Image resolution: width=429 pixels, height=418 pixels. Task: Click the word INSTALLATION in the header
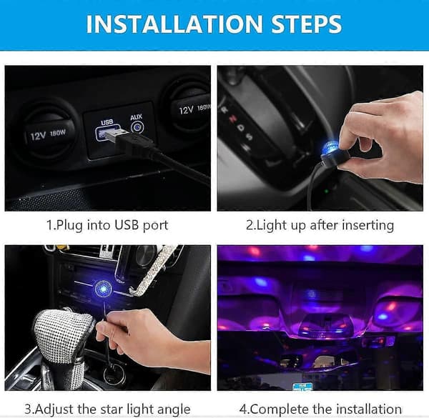click(174, 24)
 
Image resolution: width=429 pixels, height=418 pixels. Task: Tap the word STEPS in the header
click(307, 24)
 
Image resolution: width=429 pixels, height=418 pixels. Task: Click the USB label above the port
click(107, 122)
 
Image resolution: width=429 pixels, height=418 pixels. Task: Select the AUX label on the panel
click(137, 117)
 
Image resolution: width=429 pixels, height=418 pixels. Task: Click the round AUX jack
click(137, 127)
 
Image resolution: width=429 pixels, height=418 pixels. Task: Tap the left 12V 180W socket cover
click(47, 131)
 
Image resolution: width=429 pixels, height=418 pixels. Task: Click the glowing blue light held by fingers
click(329, 148)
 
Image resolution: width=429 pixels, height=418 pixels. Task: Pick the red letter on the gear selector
click(233, 119)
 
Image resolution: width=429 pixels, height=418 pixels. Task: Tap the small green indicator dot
click(326, 191)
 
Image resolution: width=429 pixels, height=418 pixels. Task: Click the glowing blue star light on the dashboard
click(104, 289)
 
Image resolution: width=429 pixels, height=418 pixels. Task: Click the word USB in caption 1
click(127, 225)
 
